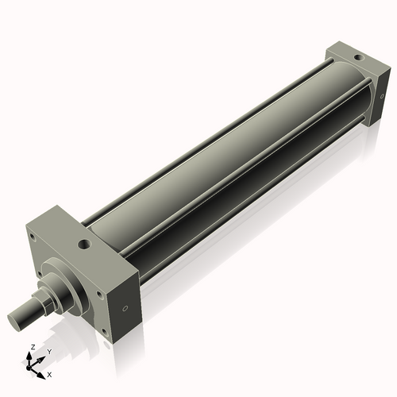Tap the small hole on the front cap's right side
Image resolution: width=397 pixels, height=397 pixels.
(124, 309)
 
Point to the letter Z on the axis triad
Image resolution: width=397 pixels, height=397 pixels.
(31, 347)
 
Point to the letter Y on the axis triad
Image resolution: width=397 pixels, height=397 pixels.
(48, 351)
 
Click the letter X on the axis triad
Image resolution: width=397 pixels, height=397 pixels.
(49, 373)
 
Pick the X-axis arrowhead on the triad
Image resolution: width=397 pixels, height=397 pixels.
(43, 370)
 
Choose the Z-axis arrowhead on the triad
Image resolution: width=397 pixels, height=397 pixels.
(32, 355)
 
